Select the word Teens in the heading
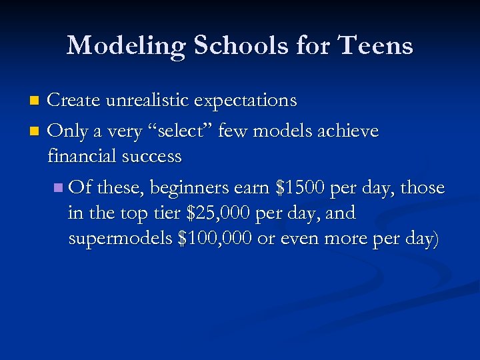pos(376,46)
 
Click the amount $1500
pos(301,188)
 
